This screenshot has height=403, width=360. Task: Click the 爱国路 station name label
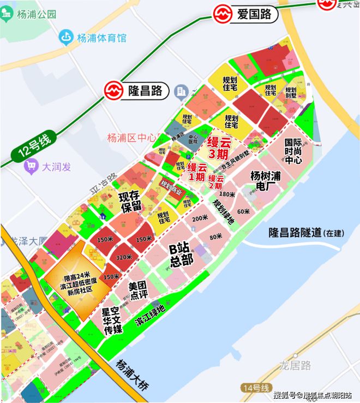coord(254,15)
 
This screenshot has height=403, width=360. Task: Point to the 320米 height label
coord(124,257)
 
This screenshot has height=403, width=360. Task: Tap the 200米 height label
coord(200,217)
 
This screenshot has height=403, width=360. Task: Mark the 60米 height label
coord(243,211)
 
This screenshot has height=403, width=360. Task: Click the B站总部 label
coord(181,254)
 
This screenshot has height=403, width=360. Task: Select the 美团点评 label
coord(139,291)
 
